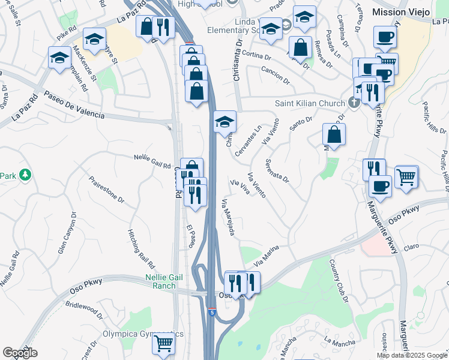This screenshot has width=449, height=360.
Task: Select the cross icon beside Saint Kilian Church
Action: point(353,102)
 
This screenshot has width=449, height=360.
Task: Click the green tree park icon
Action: point(25,175)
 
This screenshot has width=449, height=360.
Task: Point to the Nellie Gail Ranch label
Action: point(160,281)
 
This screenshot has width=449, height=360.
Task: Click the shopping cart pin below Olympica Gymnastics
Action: point(163,344)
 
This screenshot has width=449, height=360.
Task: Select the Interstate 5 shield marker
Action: point(212,313)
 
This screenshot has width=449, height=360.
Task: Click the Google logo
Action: point(20,353)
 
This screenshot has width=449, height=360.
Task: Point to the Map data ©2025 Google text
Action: point(412,355)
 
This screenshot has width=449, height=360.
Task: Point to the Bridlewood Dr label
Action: point(83,307)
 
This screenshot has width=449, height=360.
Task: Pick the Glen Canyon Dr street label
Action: point(67,232)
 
